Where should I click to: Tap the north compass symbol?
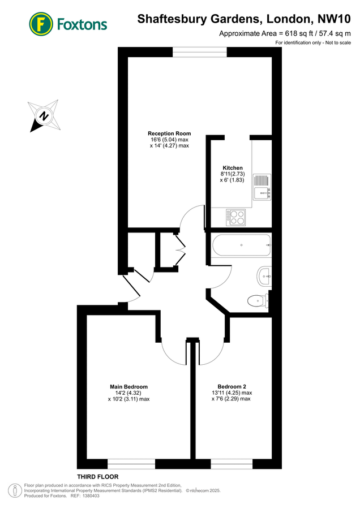[x=43, y=116]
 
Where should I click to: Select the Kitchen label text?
[x=233, y=168]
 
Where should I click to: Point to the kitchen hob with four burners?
[x=235, y=215]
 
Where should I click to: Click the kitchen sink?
[x=262, y=188]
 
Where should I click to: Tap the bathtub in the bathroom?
[x=242, y=245]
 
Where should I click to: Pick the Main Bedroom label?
[x=128, y=387]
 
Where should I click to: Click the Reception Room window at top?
[x=200, y=51]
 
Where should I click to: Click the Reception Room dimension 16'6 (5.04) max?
[x=169, y=140]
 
